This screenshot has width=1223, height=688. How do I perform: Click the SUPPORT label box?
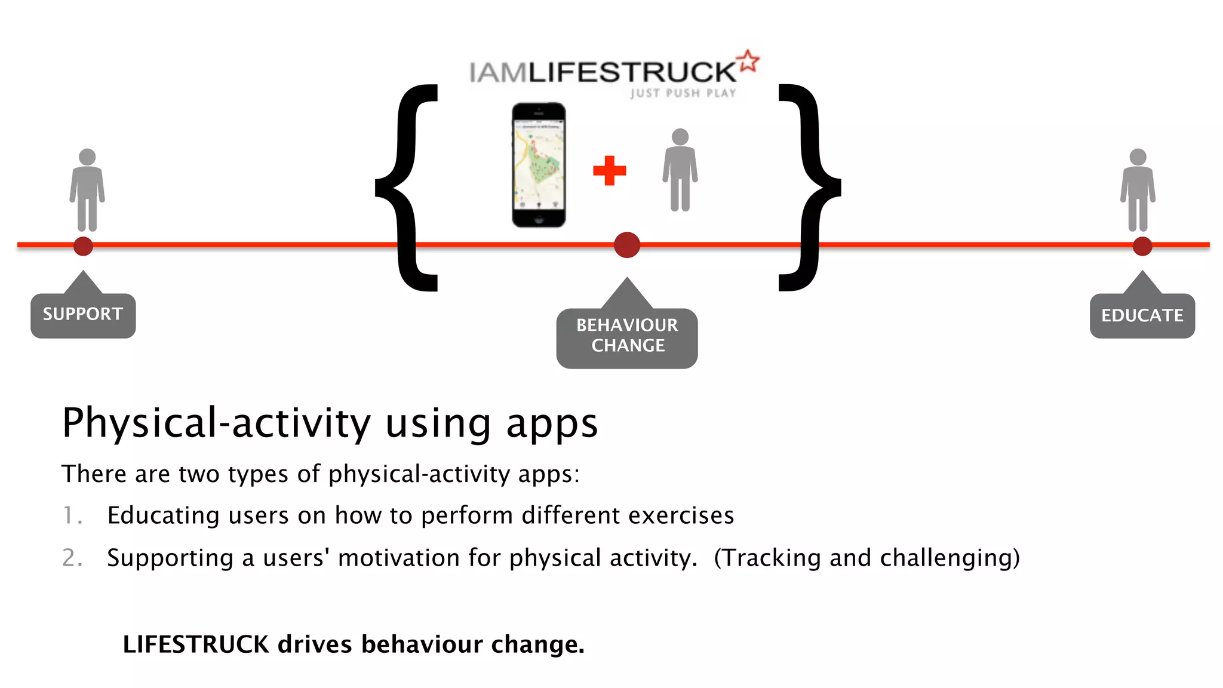click(83, 315)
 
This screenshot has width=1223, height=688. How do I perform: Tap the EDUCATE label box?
click(1142, 315)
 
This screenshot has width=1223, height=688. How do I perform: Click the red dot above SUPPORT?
click(83, 245)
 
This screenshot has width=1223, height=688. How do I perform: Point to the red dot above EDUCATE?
click(1142, 245)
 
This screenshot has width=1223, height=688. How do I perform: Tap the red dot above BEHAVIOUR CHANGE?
click(627, 245)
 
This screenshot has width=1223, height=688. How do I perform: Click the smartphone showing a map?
click(539, 165)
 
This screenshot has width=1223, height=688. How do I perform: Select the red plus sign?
click(609, 171)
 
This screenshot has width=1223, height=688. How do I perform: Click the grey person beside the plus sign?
click(680, 170)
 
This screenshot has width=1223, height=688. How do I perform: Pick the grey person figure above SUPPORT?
click(87, 190)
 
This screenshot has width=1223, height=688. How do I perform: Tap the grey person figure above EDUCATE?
click(1138, 190)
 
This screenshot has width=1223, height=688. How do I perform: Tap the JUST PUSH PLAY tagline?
click(683, 93)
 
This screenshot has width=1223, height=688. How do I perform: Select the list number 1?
click(71, 515)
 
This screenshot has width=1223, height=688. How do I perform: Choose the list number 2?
click(72, 558)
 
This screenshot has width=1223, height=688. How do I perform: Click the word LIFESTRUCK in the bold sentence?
click(196, 644)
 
